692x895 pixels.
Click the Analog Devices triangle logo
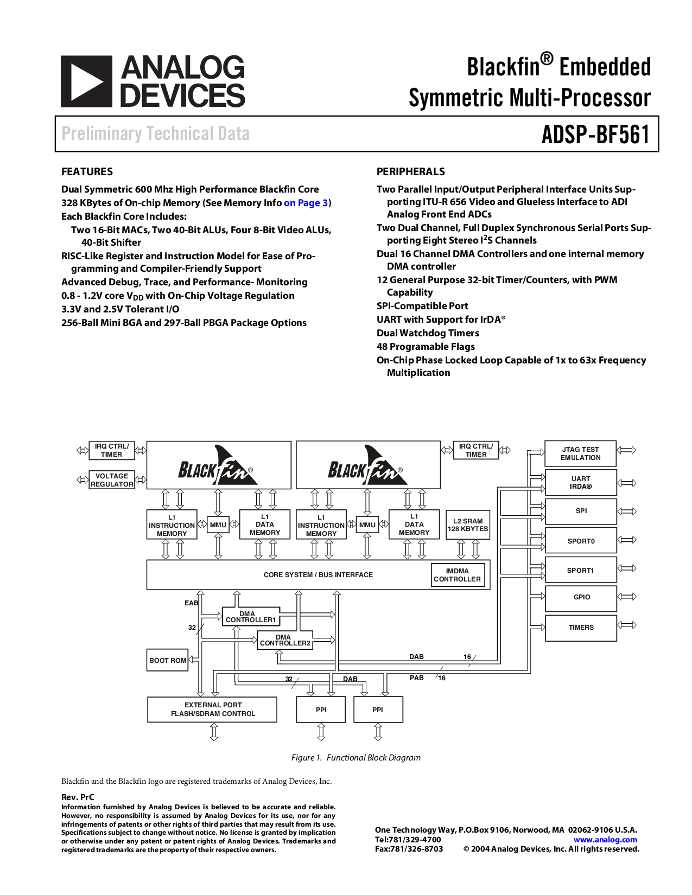point(86,81)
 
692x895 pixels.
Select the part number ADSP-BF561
point(595,134)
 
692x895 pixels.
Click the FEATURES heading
point(87,172)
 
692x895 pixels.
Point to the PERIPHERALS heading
point(410,172)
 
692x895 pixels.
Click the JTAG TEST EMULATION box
point(580,453)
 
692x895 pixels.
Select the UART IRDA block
point(580,483)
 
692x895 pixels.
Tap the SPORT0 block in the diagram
point(580,541)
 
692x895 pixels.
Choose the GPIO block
point(581,597)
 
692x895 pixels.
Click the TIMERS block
point(581,628)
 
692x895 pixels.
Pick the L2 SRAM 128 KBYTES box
point(467,525)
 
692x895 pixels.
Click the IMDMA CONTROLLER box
point(456,575)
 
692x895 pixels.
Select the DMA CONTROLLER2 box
point(284,641)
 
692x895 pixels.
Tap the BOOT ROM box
point(167,660)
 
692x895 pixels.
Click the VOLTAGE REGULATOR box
point(112,480)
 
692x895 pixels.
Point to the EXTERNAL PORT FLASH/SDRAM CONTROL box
point(212,709)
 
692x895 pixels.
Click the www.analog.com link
point(605,840)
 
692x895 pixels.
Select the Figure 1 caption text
point(355,758)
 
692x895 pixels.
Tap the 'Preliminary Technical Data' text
point(155,134)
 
